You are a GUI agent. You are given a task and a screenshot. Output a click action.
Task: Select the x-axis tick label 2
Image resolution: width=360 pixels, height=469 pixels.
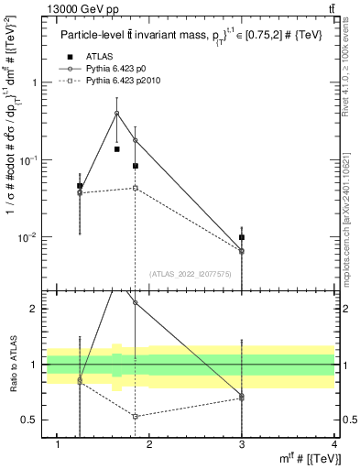coord(150,444)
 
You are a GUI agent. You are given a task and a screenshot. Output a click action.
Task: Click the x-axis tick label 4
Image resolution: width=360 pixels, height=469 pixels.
coord(334,444)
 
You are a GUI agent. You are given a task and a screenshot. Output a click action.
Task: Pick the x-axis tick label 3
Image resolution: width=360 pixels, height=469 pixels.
coord(242,444)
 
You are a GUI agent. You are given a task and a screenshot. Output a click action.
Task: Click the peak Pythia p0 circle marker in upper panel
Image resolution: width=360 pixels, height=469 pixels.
coord(116,114)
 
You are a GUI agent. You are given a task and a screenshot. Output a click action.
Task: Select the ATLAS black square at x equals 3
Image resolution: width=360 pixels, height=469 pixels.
coord(242,237)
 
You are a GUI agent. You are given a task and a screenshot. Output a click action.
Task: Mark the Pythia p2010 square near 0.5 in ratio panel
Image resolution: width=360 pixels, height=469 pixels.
coord(135,416)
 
